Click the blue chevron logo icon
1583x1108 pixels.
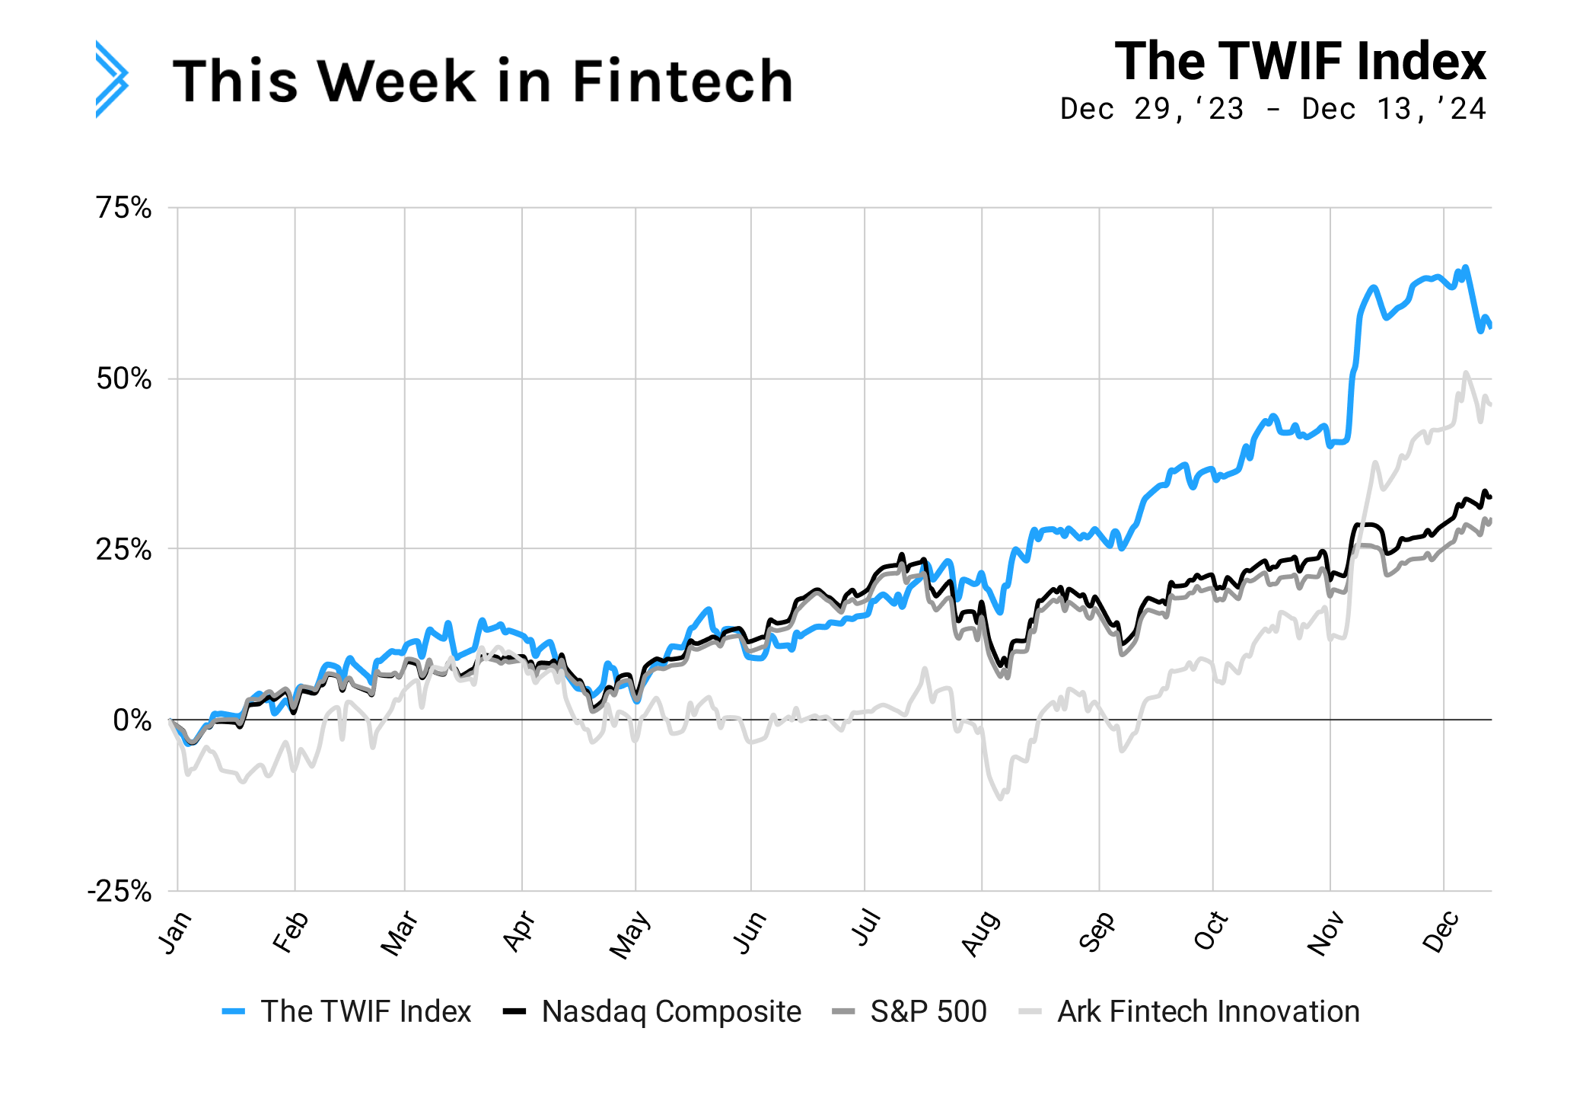tap(112, 79)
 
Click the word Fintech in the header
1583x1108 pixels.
tap(682, 81)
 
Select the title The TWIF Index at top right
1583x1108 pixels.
tap(1300, 62)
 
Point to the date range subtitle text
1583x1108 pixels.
tap(1272, 109)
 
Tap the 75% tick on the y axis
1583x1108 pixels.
tap(124, 207)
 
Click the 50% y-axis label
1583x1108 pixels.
tap(124, 378)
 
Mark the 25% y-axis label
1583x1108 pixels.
tap(124, 549)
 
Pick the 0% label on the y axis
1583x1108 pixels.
tap(132, 720)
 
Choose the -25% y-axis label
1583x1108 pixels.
tap(119, 891)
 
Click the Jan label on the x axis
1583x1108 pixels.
tap(174, 932)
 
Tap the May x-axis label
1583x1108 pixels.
tap(629, 934)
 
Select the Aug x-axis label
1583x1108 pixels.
tap(980, 934)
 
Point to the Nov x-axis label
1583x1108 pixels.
tap(1326, 934)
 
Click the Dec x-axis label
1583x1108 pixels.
tap(1441, 932)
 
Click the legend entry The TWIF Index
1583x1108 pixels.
tap(365, 1011)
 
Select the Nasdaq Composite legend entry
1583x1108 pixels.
tap(670, 1011)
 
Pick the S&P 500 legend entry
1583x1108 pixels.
tap(928, 1011)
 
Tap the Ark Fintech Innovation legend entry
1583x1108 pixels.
tap(1208, 1011)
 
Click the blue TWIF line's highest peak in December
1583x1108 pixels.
tap(1466, 267)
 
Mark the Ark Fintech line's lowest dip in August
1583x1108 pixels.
tap(1000, 798)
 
